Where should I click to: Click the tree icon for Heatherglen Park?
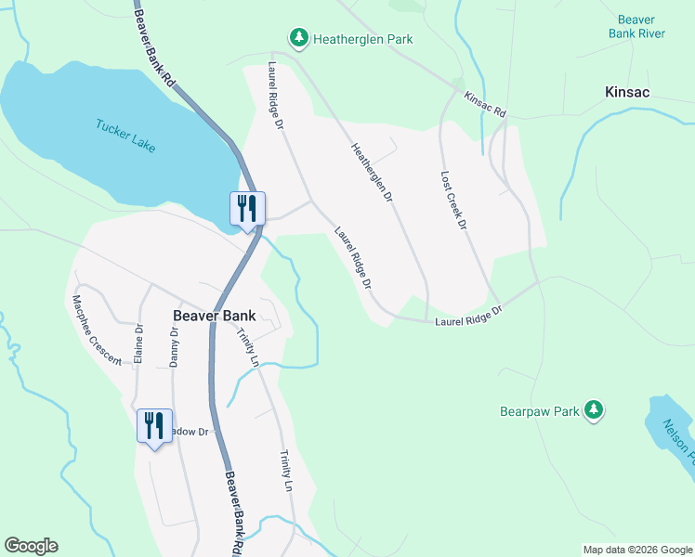(298, 38)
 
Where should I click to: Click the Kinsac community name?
(626, 92)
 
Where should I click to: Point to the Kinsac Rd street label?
(485, 103)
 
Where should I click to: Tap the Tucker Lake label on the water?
(125, 136)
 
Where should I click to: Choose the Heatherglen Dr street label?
(372, 173)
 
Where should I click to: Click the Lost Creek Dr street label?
(452, 201)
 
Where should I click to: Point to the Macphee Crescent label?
(97, 330)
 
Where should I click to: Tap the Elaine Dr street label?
(139, 342)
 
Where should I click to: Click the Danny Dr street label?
(174, 346)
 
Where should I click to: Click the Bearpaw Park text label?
(540, 410)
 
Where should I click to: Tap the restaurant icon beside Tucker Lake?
(247, 209)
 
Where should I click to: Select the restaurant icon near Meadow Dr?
(154, 426)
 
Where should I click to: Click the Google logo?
(31, 546)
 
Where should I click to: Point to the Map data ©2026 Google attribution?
(636, 550)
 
